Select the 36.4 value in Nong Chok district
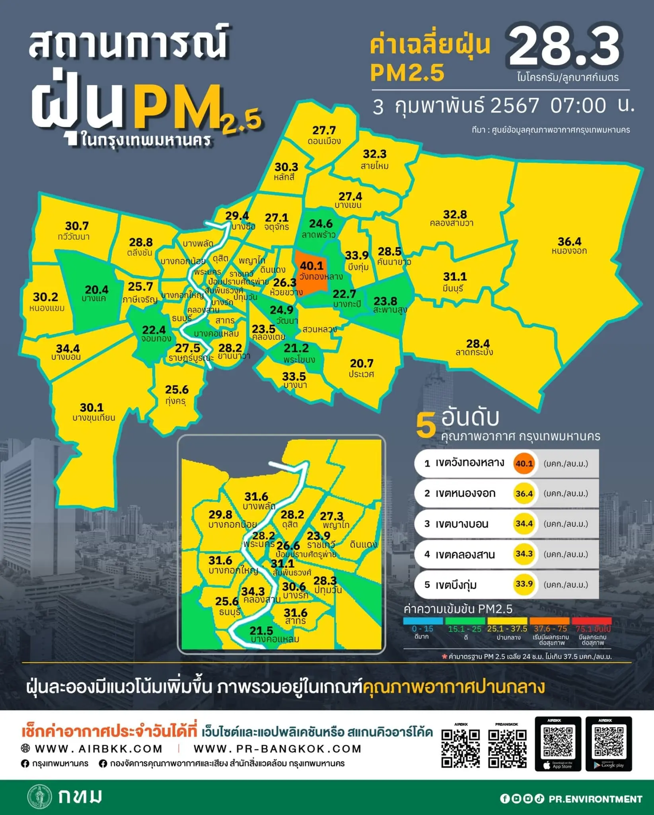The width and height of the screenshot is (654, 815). [x=569, y=242]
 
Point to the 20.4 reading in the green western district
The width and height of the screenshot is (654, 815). [x=96, y=290]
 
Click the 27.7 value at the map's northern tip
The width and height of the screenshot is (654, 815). [x=324, y=131]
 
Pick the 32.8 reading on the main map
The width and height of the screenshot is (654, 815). [x=455, y=214]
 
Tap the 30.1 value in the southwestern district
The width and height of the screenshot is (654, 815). [x=91, y=407]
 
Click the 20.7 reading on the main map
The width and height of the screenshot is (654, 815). [x=362, y=363]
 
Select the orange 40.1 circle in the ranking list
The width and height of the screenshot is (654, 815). [x=524, y=464]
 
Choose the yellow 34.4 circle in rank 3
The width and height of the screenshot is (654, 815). [x=524, y=524]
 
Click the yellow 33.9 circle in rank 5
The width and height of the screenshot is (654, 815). [x=524, y=584]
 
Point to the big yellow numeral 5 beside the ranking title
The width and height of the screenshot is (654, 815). [x=426, y=426]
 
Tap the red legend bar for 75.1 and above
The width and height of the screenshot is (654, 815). [x=591, y=621]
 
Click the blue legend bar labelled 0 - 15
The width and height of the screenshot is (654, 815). [x=422, y=621]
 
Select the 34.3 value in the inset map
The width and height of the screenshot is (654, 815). [x=253, y=592]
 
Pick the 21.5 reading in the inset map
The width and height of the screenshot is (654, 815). [x=261, y=631]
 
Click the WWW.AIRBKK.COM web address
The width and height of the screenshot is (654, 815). [x=99, y=749]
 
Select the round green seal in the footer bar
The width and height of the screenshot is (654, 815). [x=39, y=797]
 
